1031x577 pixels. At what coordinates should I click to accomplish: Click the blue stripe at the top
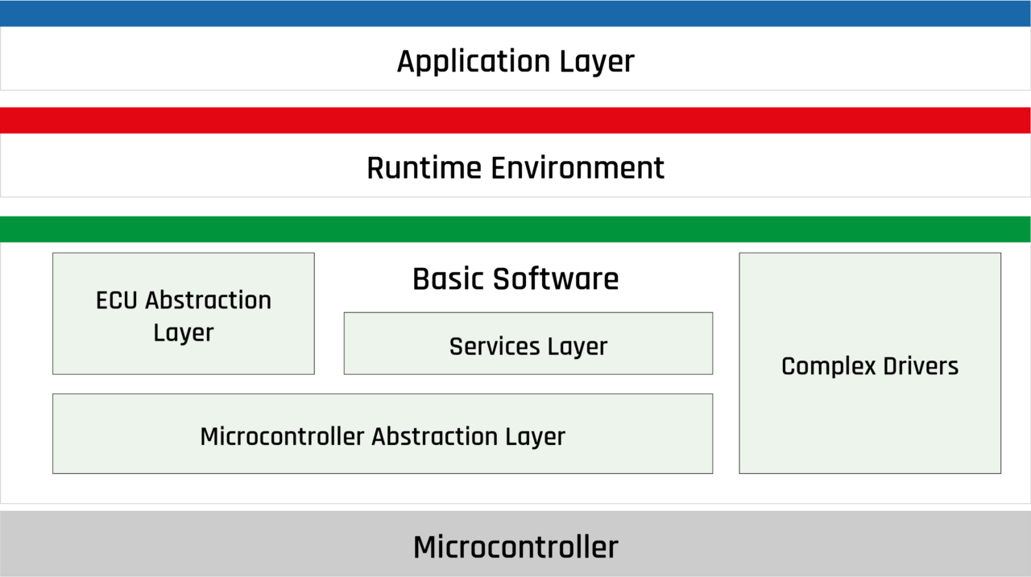coord(515,13)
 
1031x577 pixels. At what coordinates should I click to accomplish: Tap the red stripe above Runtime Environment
coord(515,119)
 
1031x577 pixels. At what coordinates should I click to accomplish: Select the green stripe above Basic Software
coord(515,229)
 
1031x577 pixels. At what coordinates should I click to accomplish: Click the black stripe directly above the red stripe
coord(515,98)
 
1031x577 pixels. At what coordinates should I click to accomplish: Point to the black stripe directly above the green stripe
coord(515,206)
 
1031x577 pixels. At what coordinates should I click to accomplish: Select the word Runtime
coord(424,168)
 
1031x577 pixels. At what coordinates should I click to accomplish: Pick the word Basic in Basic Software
coord(448,279)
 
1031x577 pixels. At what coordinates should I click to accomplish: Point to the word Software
coord(556,279)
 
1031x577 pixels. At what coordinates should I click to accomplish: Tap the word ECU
coord(118,300)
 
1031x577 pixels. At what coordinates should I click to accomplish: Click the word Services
coord(495,347)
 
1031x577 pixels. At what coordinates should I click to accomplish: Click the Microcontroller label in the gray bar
coord(515,547)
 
